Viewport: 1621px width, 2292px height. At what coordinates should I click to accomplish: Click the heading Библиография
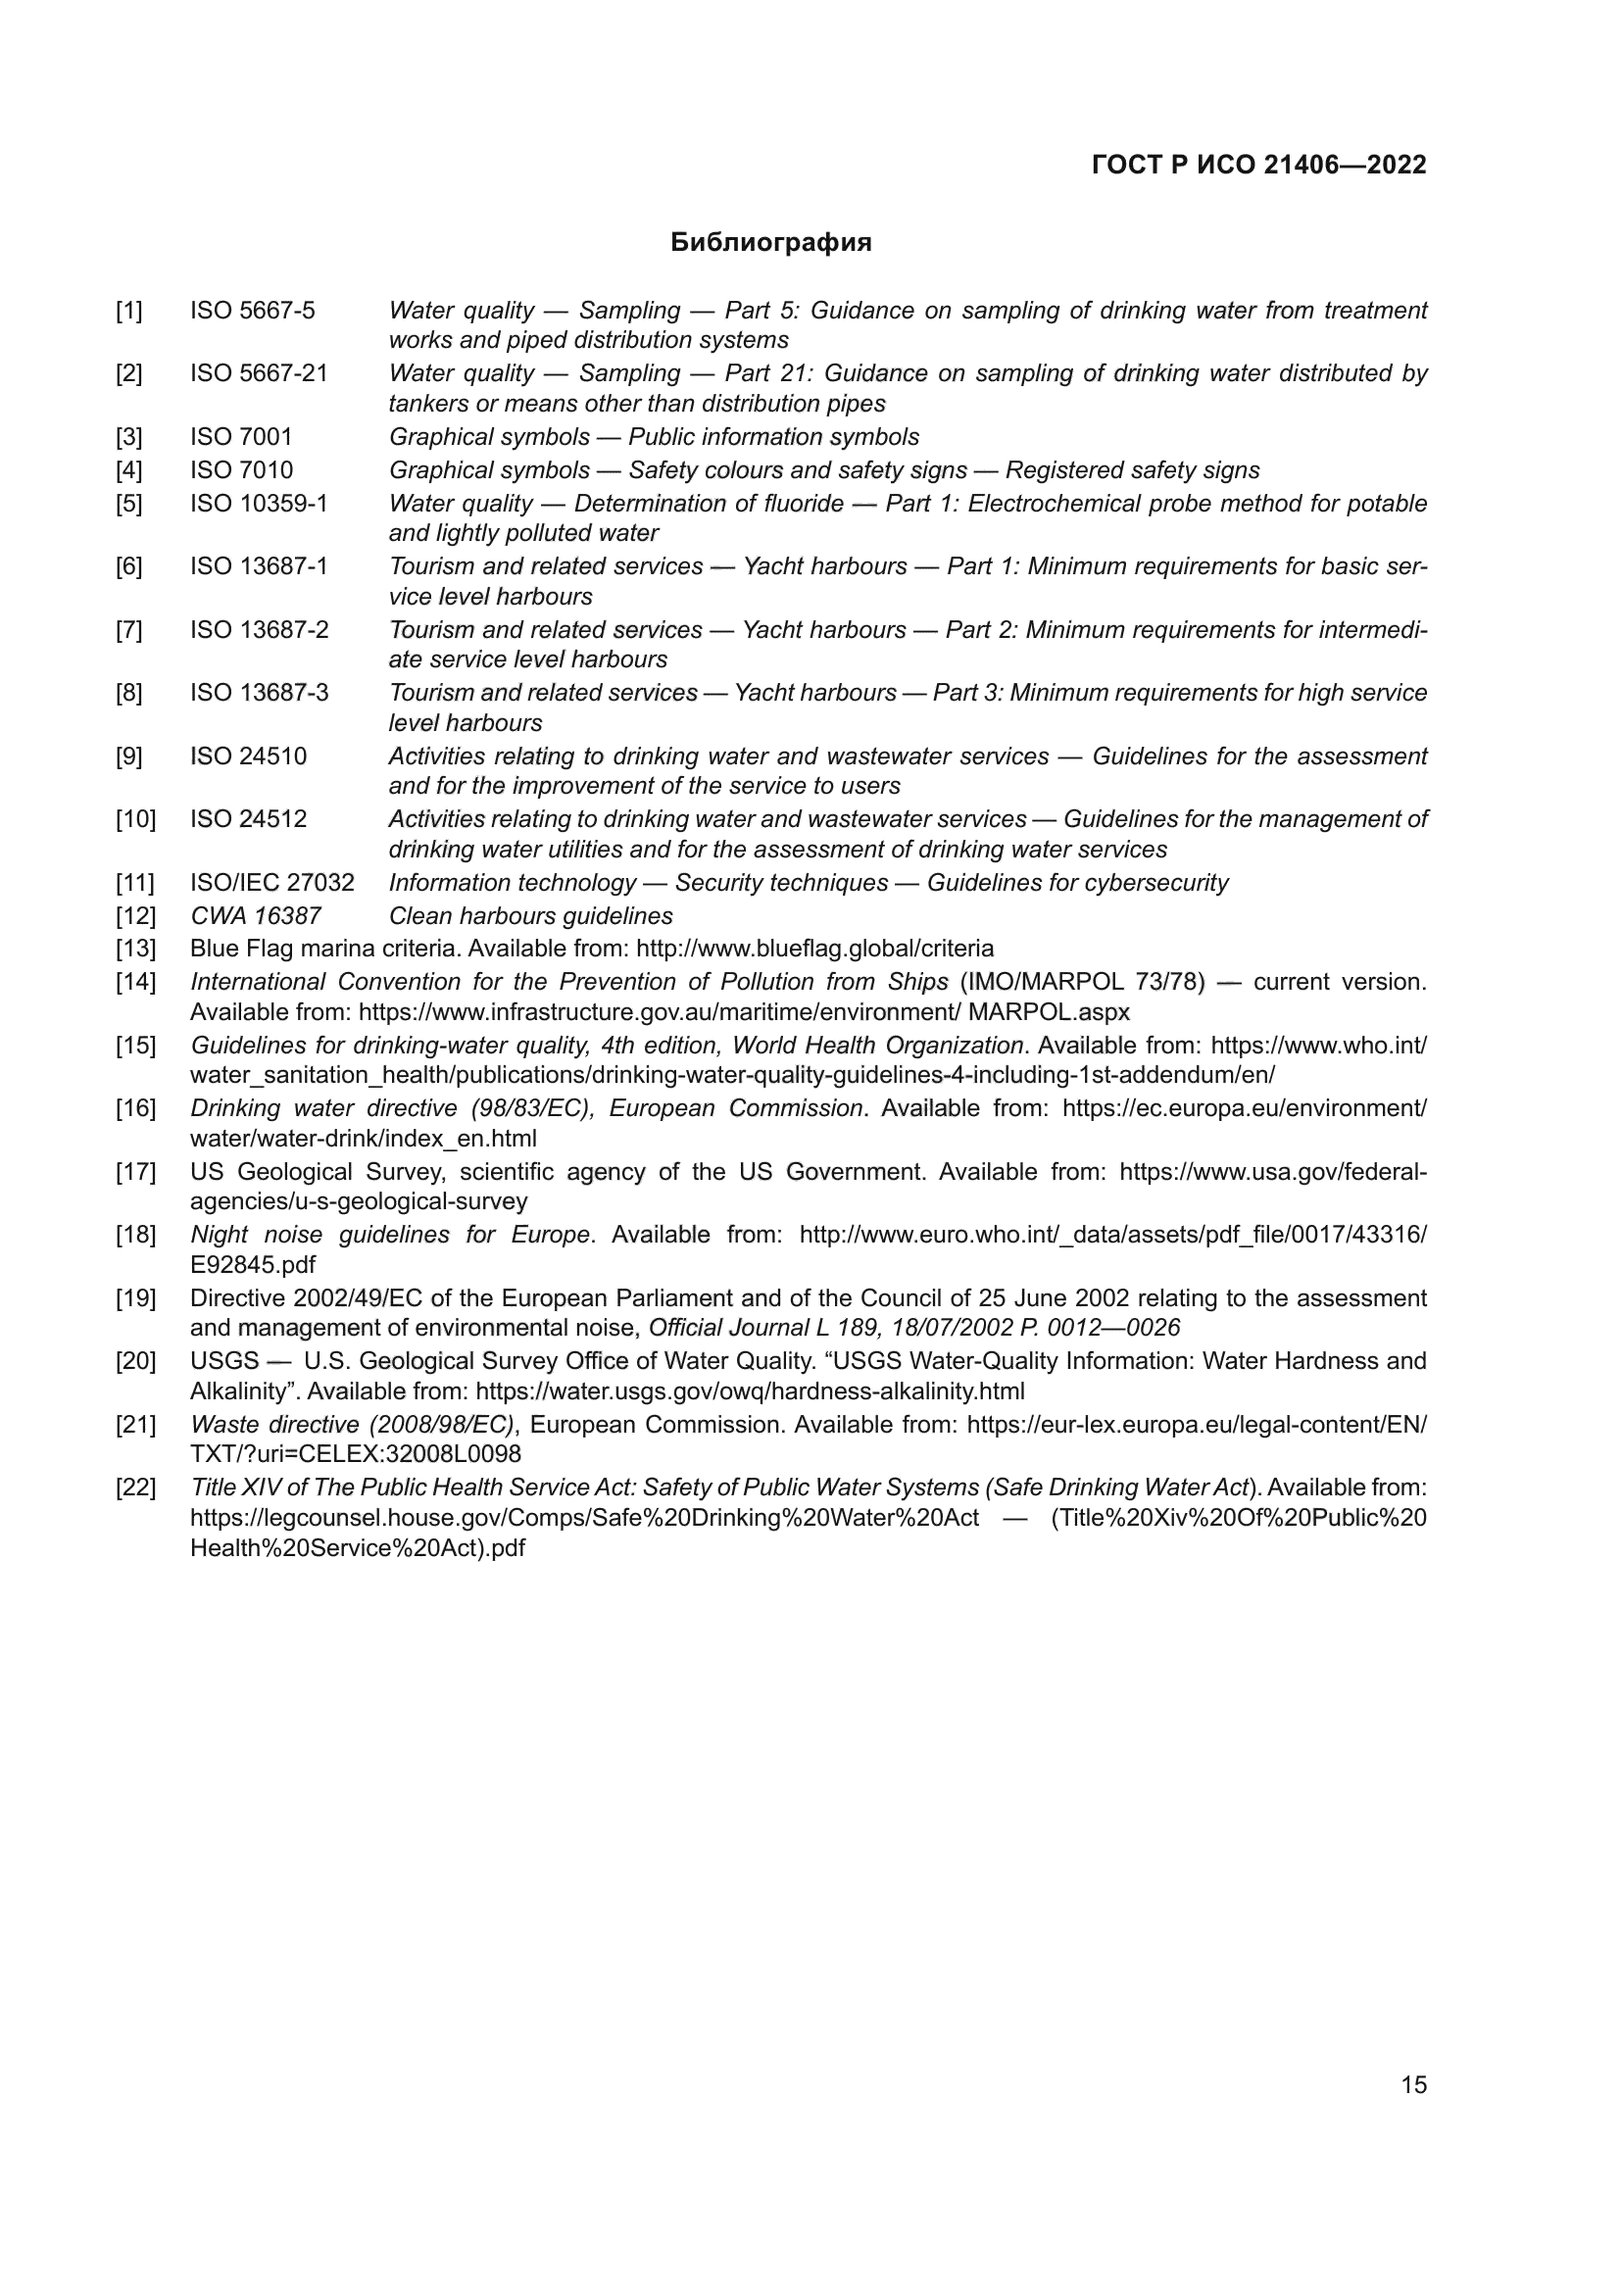coord(770,243)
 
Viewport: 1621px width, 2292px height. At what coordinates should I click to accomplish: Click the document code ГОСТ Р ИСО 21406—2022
coord(1258,165)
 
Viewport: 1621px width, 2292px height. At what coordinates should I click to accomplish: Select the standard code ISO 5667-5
coord(253,311)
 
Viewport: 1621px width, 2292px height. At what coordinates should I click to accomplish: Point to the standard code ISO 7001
coord(241,436)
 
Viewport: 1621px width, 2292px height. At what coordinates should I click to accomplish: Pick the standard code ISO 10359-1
coord(259,503)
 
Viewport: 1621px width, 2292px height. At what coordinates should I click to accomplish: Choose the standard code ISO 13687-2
coord(259,630)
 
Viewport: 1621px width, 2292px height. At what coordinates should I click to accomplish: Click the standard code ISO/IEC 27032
coord(271,883)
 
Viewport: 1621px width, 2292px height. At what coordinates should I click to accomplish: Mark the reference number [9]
coord(128,756)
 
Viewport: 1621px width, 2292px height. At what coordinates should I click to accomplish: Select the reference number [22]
coord(136,1487)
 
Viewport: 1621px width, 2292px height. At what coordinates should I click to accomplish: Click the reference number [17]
coord(136,1171)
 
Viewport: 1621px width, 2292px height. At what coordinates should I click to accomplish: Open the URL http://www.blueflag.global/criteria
coord(814,948)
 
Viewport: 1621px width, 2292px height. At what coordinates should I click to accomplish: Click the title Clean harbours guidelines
coord(530,915)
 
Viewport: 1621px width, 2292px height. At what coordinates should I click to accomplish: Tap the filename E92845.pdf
coord(253,1265)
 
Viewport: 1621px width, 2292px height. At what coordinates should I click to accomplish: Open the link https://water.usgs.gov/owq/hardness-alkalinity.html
coord(750,1390)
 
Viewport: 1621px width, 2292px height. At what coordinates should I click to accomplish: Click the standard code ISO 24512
coord(249,818)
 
